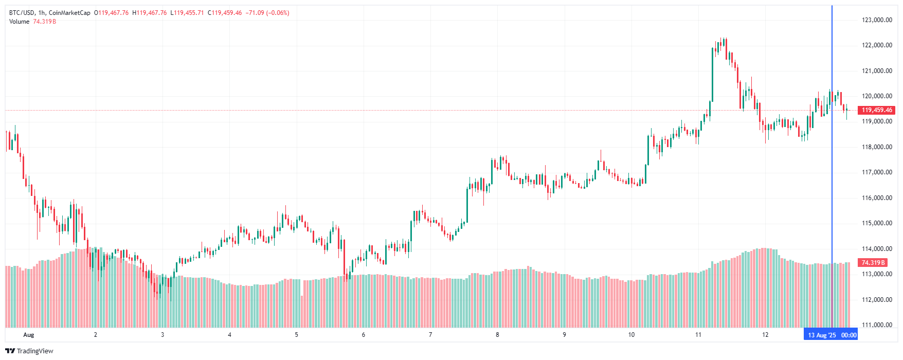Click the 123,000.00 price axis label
pyautogui.click(x=877, y=20)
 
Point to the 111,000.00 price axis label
pyautogui.click(x=877, y=325)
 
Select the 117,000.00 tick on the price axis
pyautogui.click(x=877, y=172)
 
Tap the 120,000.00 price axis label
pyautogui.click(x=877, y=96)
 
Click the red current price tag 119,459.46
pyautogui.click(x=877, y=110)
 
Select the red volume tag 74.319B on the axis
pyautogui.click(x=873, y=263)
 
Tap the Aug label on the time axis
pyautogui.click(x=29, y=335)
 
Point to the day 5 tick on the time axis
pyautogui.click(x=297, y=335)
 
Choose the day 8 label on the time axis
pyautogui.click(x=497, y=335)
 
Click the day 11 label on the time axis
pyautogui.click(x=698, y=335)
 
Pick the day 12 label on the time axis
pyautogui.click(x=765, y=335)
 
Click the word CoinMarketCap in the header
pyautogui.click(x=69, y=13)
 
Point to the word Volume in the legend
pyautogui.click(x=19, y=22)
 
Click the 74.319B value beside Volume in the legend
pyautogui.click(x=44, y=22)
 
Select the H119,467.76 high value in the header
pyautogui.click(x=150, y=13)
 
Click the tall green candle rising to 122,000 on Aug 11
pyautogui.click(x=713, y=75)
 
